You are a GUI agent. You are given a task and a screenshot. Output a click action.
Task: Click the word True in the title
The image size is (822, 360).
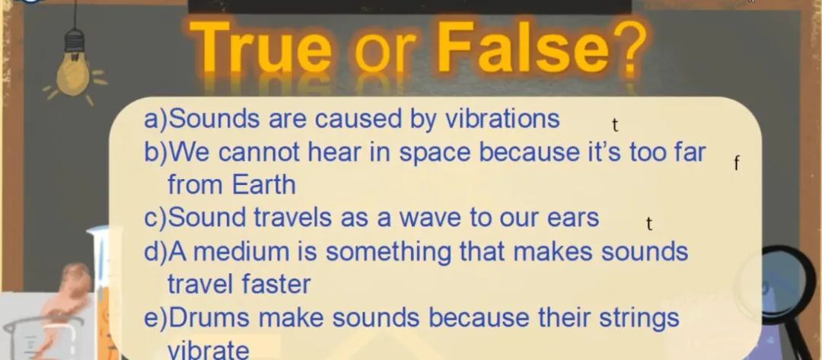260,48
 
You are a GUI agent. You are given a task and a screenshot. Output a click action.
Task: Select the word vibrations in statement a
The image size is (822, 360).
503,119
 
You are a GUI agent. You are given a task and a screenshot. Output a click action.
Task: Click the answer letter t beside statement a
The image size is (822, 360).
616,126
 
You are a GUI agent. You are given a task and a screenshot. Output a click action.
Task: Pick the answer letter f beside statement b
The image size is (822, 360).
737,164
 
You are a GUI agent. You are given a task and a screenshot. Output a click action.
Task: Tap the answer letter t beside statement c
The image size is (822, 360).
649,225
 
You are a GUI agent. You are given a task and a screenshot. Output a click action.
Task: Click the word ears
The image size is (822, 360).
573,218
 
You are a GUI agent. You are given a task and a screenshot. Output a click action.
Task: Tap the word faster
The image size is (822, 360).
276,285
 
